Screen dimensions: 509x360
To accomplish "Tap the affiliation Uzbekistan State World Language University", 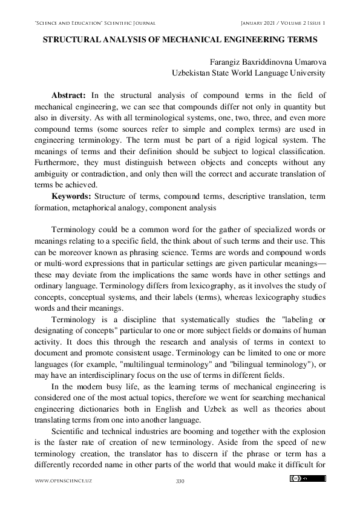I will click(x=249, y=73).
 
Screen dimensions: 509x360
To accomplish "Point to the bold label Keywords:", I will click(x=72, y=196).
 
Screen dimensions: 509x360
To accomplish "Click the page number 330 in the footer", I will click(x=180, y=481).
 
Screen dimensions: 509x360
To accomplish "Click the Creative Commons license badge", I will click(x=307, y=479).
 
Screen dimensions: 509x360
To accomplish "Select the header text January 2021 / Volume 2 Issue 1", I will click(x=283, y=23).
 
